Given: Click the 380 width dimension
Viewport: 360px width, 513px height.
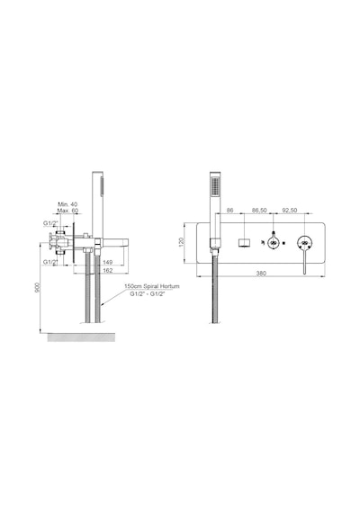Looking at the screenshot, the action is (261, 274).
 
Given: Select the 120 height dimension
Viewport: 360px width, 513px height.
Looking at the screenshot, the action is (182, 242).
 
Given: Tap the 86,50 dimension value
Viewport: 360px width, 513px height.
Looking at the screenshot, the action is (259, 210).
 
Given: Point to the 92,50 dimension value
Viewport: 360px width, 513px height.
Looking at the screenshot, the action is (289, 210).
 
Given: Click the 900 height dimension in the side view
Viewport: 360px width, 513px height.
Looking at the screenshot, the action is (38, 287).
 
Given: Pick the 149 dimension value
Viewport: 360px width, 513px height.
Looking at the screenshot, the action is (108, 262).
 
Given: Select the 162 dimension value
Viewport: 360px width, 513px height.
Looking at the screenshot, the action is (108, 270).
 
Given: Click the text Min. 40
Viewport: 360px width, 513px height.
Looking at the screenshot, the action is (67, 204).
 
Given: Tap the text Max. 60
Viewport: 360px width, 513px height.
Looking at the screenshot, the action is (67, 211).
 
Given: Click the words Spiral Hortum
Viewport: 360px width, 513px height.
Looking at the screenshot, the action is (161, 286).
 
